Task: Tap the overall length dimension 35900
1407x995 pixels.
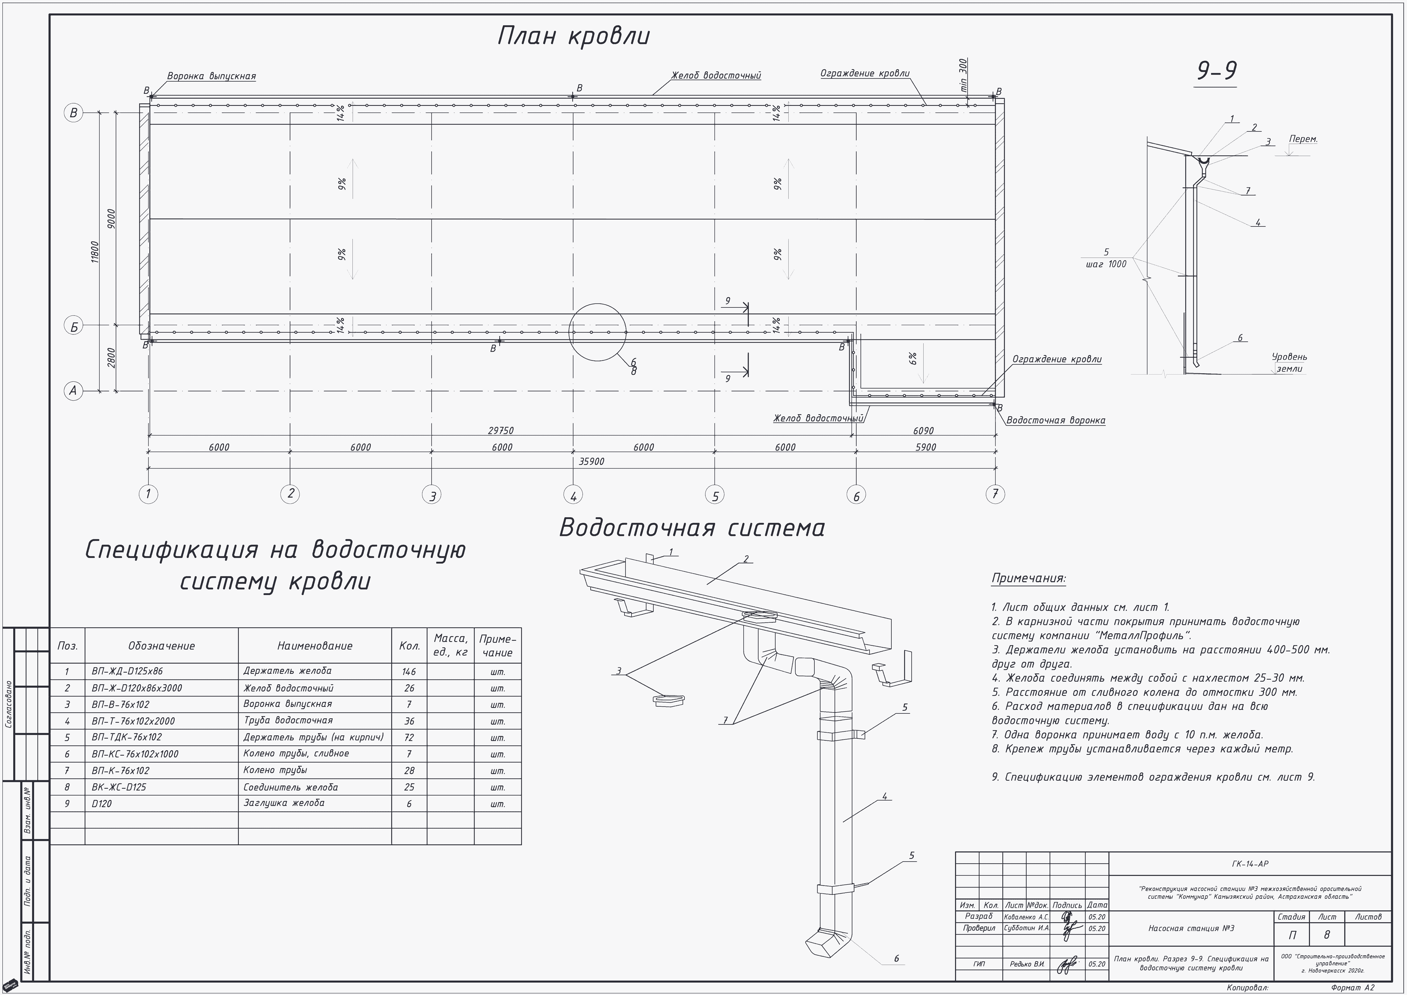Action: pyautogui.click(x=591, y=461)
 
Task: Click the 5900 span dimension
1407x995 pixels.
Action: pyautogui.click(x=925, y=447)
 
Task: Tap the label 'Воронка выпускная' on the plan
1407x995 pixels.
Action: pyautogui.click(x=211, y=77)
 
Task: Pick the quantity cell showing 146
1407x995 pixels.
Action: pyautogui.click(x=409, y=671)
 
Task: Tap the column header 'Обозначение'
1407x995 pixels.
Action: pyautogui.click(x=161, y=646)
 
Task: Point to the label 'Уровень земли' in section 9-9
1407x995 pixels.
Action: pyautogui.click(x=1289, y=363)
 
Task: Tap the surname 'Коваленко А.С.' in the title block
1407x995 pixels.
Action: pyautogui.click(x=1026, y=917)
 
